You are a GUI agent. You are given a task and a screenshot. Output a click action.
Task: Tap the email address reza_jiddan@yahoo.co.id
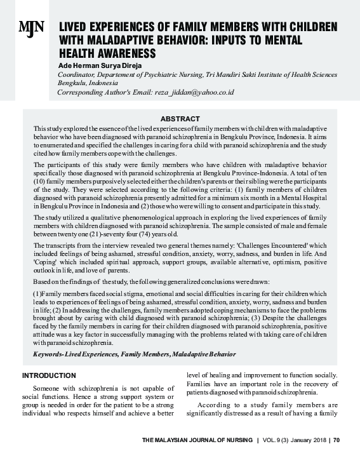pos(194,92)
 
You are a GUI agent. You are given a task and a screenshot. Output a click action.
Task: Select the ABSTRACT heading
pos(180,119)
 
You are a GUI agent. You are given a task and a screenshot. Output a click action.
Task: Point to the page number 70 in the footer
pos(337,439)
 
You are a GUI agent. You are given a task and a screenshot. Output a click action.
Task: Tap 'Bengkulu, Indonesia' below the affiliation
pos(88,83)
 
